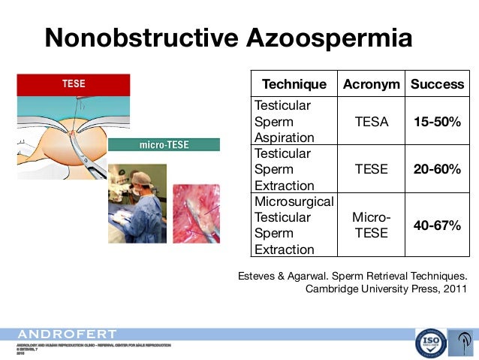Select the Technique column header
(294, 84)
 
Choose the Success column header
(437, 84)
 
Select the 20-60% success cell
(437, 169)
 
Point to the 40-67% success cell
(437, 225)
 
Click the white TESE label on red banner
(73, 84)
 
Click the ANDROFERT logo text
(68, 334)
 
